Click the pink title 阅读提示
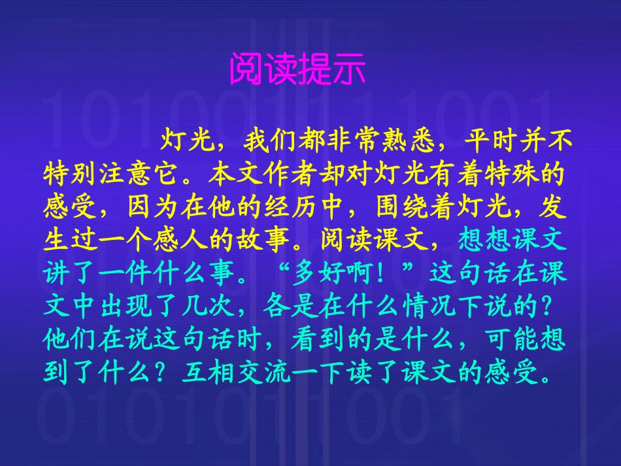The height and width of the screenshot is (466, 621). tap(297, 69)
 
